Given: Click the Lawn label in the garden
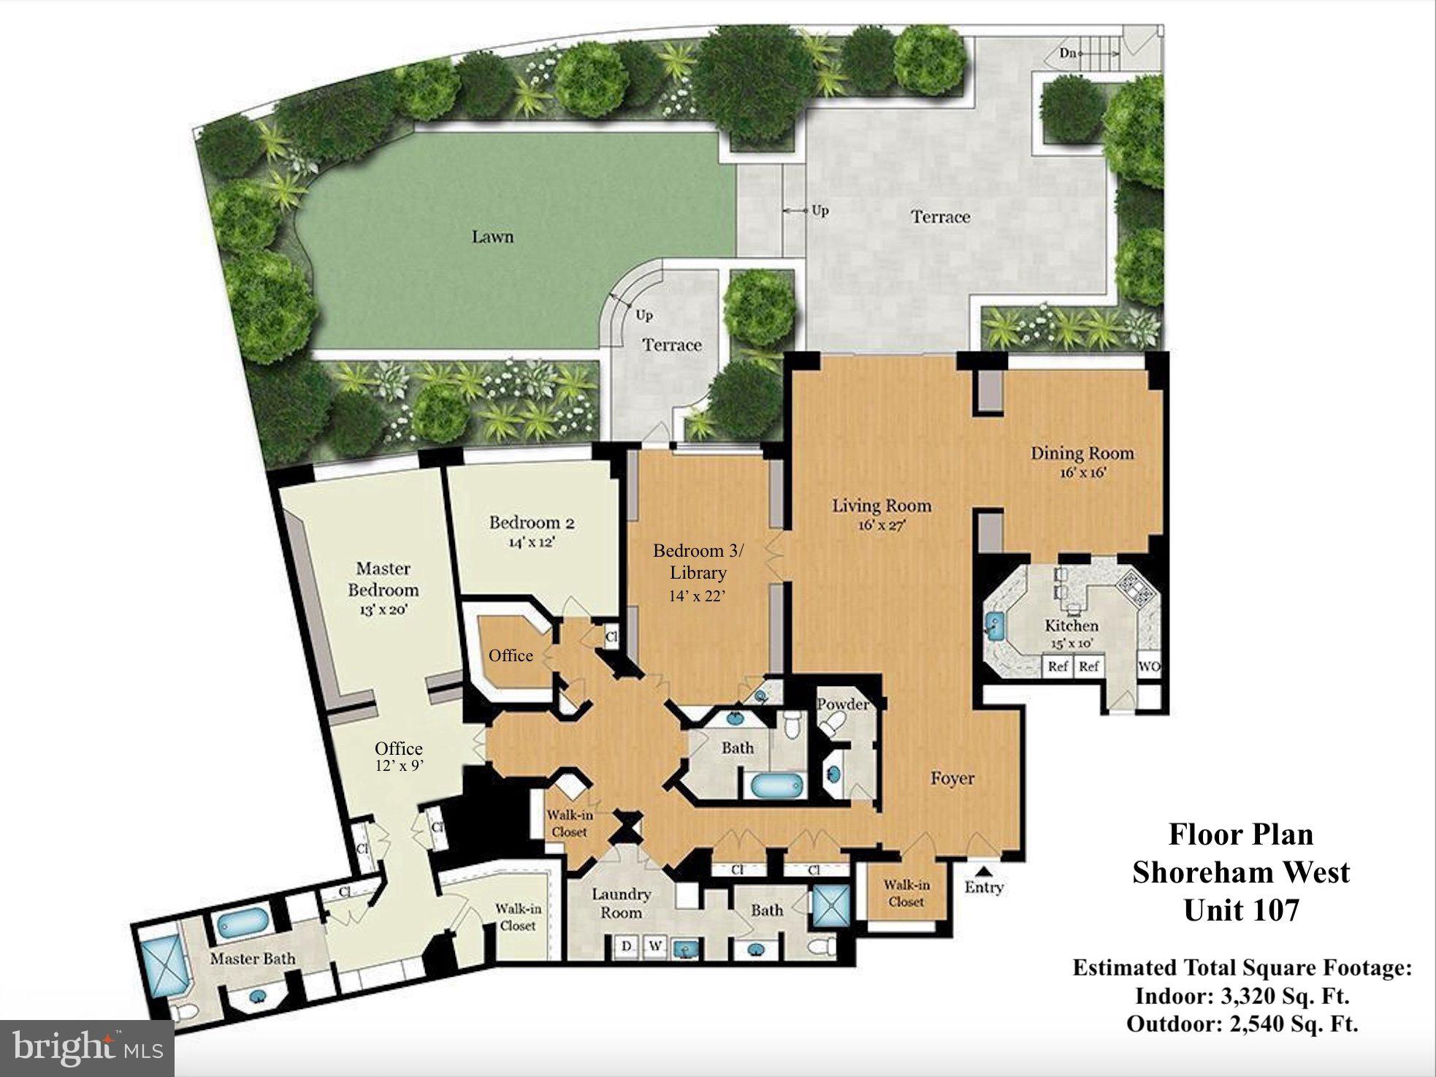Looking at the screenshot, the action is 492,237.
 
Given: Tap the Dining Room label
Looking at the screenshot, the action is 1082,453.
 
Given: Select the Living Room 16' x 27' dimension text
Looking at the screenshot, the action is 882,525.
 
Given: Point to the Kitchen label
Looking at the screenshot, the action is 1072,625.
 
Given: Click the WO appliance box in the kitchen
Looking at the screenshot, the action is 1150,666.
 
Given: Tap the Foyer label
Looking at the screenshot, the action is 952,778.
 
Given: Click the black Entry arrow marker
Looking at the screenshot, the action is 984,870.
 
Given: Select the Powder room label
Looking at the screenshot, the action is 843,704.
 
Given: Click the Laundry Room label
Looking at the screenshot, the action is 621,903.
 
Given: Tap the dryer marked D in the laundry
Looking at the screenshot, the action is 626,946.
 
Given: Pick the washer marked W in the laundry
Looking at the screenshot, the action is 654,946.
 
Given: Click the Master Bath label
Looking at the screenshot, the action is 253,958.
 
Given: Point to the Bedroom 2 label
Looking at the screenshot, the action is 532,522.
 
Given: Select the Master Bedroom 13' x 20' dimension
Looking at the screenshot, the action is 383,608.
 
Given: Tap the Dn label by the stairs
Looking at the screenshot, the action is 1069,53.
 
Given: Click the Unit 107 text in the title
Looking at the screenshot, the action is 1242,910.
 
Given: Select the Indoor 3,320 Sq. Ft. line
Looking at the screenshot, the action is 1242,996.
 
